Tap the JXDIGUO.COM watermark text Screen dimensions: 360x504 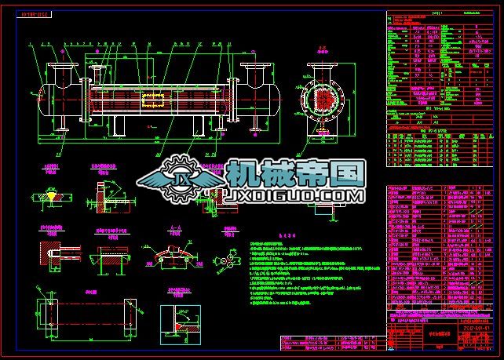point(293,195)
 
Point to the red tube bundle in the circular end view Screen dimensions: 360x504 point(323,99)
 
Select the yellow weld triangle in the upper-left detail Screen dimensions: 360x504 point(49,193)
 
